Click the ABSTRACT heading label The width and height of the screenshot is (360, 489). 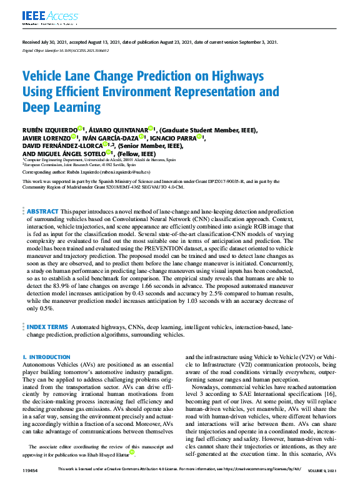pyautogui.click(x=42, y=212)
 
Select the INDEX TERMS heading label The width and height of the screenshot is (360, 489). pyautogui.click(x=47, y=326)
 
